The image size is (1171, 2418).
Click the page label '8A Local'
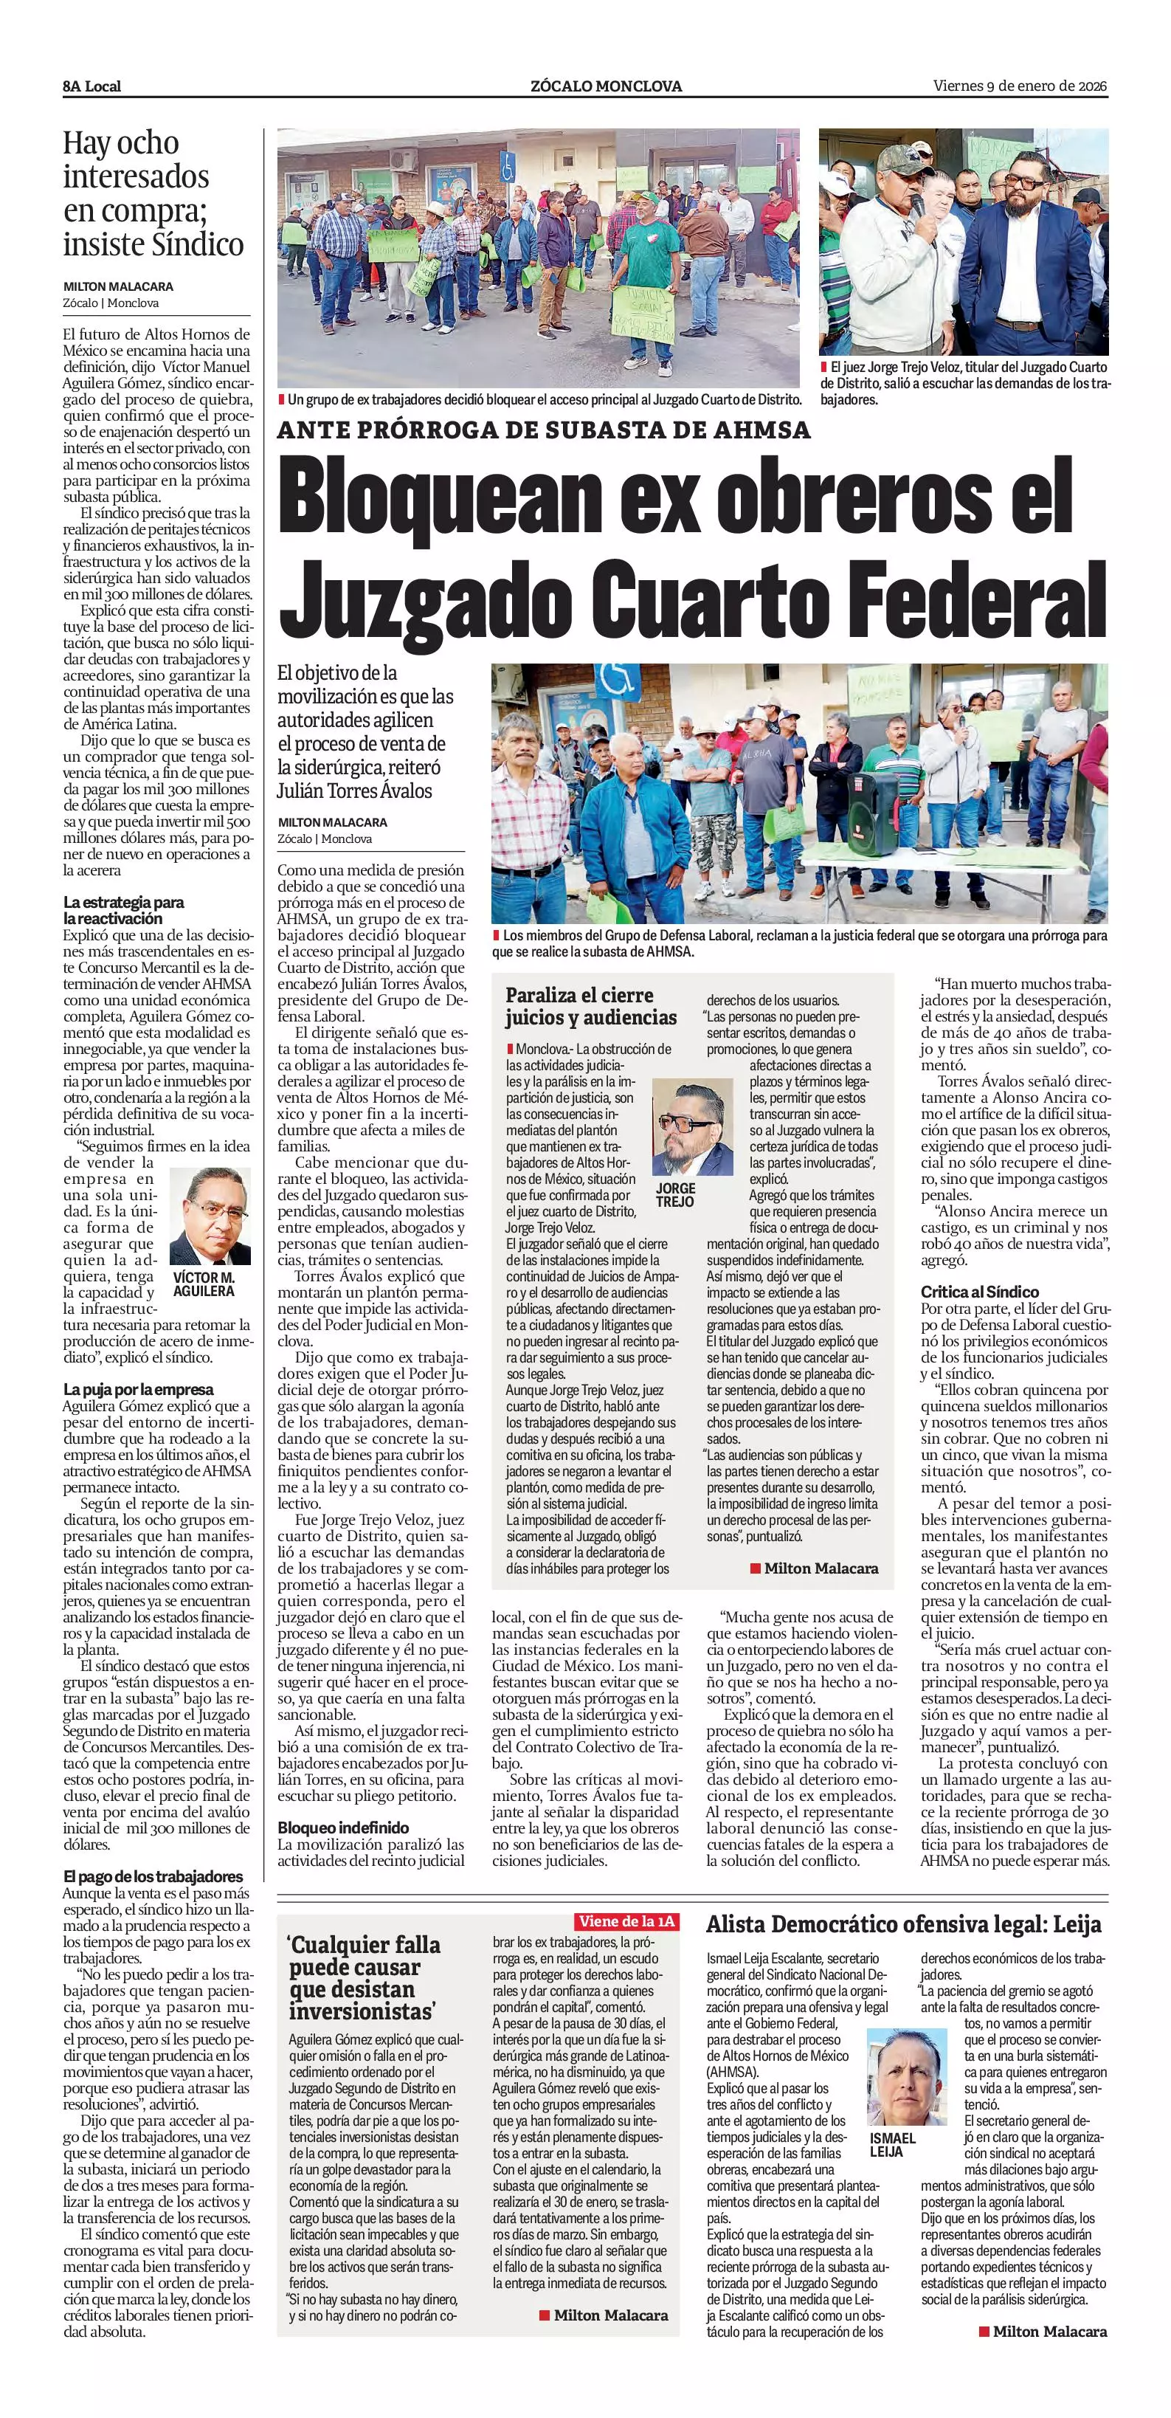click(x=92, y=86)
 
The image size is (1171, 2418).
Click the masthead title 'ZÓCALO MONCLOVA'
click(x=605, y=86)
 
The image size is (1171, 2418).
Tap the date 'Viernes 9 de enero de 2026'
click(x=1020, y=86)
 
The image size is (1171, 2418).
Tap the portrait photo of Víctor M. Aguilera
click(x=210, y=1216)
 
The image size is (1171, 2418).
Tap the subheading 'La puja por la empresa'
click(x=138, y=1389)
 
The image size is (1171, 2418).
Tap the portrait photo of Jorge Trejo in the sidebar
click(x=691, y=1127)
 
